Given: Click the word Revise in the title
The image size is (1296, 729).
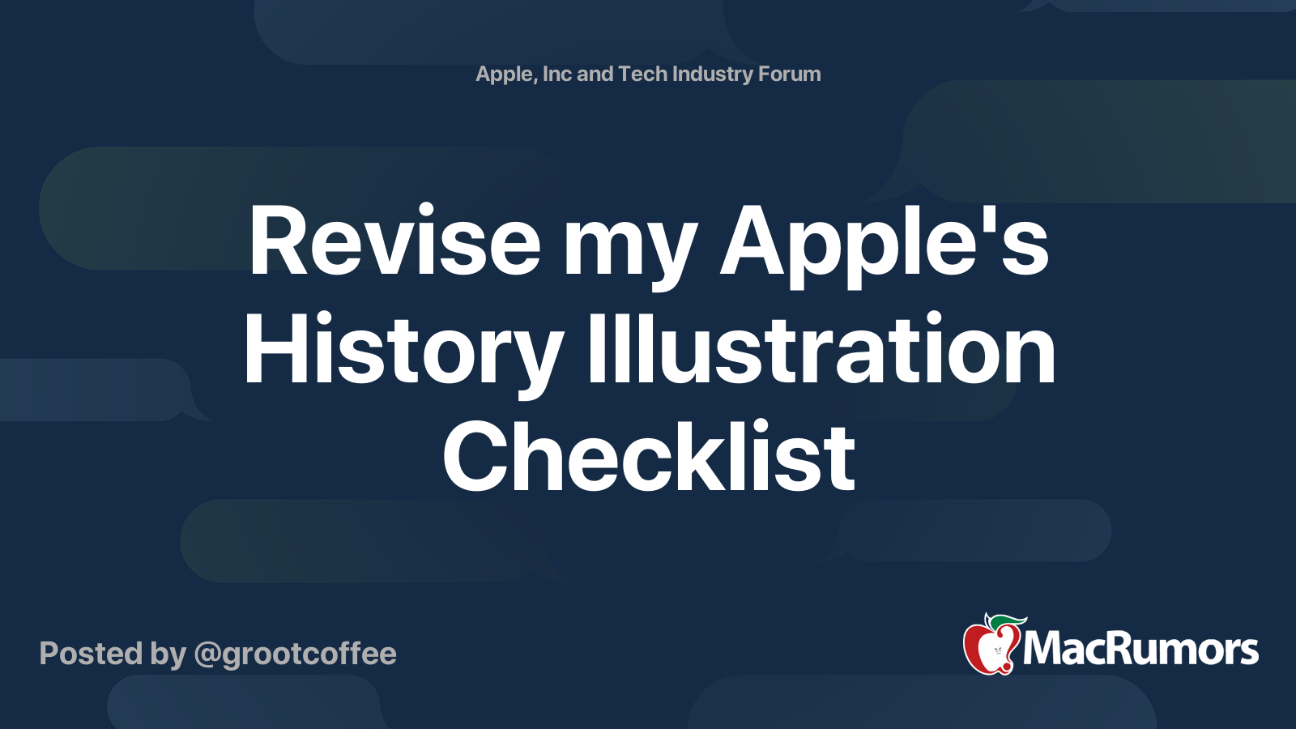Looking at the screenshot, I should click(394, 242).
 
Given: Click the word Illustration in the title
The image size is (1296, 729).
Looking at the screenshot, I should click(821, 350).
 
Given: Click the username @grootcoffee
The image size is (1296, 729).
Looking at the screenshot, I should click(295, 654).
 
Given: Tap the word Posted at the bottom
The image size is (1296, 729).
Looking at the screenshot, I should click(90, 654).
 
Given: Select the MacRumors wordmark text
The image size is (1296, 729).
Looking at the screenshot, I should click(1140, 649).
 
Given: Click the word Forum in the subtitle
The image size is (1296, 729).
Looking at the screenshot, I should click(789, 74).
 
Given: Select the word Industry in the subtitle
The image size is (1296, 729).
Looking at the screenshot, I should click(712, 74).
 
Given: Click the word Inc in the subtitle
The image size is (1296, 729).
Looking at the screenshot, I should click(556, 74).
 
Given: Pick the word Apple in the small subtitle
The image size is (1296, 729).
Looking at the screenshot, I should click(505, 75).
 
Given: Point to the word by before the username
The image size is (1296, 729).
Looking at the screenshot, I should click(168, 654).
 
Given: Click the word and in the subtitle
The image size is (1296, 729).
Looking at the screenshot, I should click(595, 74).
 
